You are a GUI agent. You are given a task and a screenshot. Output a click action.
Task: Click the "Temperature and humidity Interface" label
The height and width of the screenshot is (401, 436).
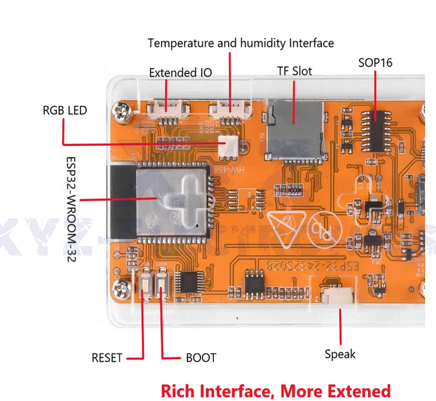240,43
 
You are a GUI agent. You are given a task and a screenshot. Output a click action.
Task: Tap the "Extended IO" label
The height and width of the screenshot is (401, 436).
180,72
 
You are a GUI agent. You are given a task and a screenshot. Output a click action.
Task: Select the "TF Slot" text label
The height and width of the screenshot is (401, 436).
295,71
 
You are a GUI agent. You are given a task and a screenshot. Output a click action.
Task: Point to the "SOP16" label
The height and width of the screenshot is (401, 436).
375,63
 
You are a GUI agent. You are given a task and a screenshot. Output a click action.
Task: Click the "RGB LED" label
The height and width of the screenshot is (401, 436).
65,109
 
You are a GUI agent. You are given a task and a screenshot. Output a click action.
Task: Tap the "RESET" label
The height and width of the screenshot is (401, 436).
107,358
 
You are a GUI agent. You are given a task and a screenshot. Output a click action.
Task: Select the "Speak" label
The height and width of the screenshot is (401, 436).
340,353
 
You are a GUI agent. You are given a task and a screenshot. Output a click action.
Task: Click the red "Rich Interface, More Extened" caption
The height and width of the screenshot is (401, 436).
276,391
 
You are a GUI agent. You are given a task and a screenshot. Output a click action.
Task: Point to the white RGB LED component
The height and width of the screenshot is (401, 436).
226,146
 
